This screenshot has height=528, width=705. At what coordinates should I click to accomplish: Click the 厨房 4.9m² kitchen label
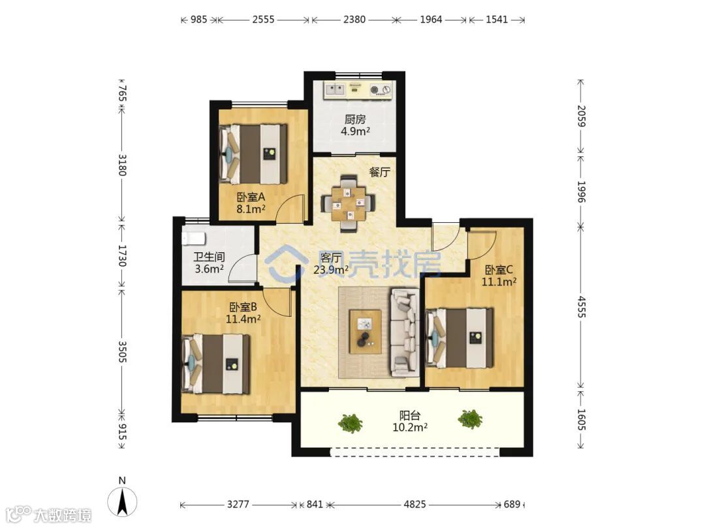(x=355, y=125)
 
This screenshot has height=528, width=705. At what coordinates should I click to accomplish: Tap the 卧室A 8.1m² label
(x=251, y=203)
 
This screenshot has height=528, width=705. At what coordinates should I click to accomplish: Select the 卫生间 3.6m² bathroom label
(x=209, y=263)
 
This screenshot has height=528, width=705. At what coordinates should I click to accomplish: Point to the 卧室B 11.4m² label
(x=243, y=313)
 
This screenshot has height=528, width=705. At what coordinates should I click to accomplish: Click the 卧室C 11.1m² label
(x=499, y=276)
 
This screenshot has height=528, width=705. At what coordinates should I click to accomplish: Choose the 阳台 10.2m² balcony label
(x=410, y=421)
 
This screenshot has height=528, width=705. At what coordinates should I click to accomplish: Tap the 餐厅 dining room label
(x=379, y=172)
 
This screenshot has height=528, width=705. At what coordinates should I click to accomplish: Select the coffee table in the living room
(x=366, y=331)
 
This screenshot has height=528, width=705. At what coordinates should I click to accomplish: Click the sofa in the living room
(x=405, y=332)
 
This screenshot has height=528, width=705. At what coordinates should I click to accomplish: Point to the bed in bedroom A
(x=253, y=154)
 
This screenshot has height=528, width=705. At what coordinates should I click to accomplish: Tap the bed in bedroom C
(x=460, y=338)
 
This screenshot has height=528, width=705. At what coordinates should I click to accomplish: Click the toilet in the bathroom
(x=193, y=239)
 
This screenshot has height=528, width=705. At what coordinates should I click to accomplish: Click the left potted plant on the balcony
(x=351, y=424)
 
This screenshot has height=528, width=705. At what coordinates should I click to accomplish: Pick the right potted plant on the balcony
(x=470, y=419)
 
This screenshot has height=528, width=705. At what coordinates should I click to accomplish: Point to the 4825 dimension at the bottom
(x=415, y=504)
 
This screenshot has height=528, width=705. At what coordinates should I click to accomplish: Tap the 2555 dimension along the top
(x=263, y=20)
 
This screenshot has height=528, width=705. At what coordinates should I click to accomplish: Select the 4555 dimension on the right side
(x=581, y=306)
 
